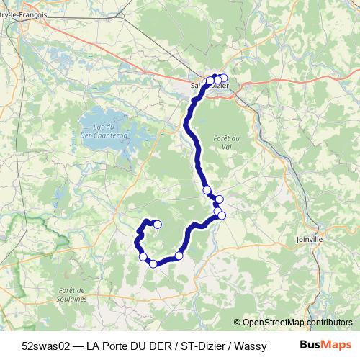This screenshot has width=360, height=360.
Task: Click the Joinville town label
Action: (x=310, y=239)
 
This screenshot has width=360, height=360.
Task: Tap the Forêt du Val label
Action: (x=227, y=141)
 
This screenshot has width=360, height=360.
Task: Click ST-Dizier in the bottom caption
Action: (x=202, y=346)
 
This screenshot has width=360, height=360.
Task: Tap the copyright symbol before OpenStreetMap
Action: (x=238, y=323)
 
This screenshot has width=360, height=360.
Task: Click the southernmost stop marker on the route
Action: (x=153, y=264)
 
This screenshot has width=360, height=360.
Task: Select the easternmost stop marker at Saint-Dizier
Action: (x=224, y=78)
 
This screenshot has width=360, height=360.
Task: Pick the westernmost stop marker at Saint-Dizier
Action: (x=210, y=80)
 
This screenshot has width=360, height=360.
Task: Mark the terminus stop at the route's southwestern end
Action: (x=157, y=224)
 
